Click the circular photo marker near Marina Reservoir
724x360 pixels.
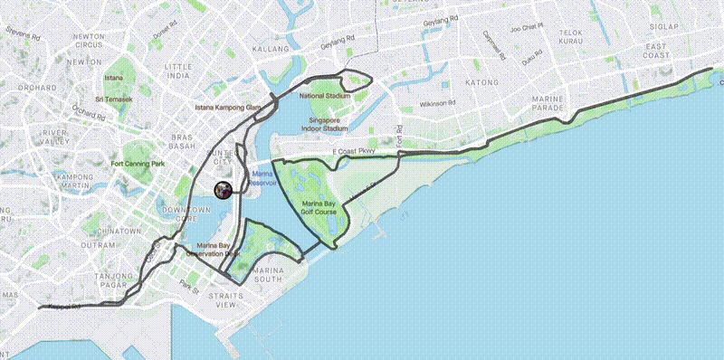coord(223,190)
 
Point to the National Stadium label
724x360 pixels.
coord(324,95)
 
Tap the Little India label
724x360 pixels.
coord(179,71)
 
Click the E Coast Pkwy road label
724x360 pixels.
coord(352,151)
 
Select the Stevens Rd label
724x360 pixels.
coord(22,35)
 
